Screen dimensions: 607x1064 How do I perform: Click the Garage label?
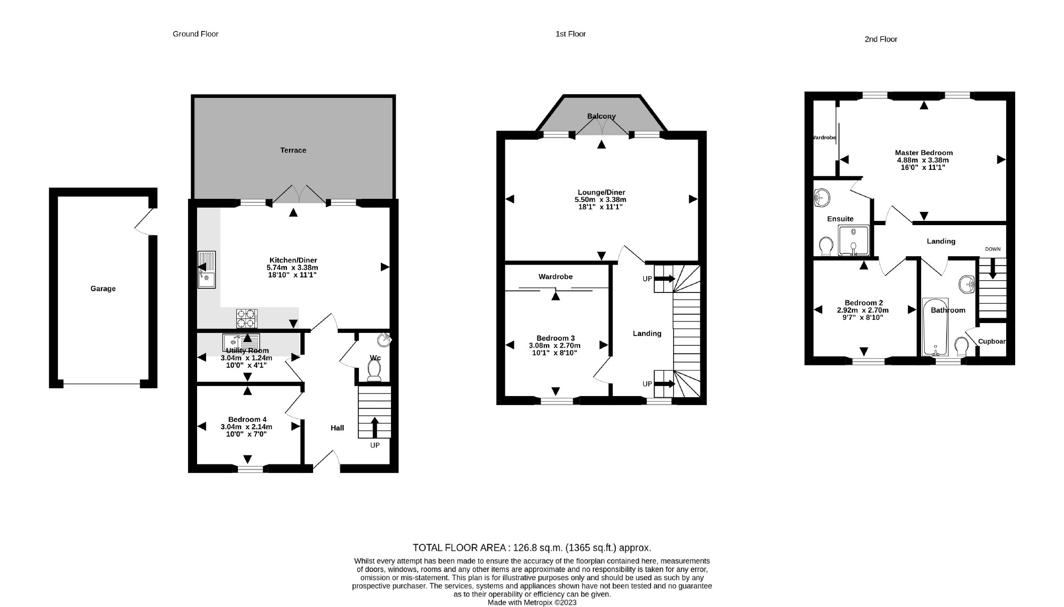(103, 288)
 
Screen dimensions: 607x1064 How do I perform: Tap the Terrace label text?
(293, 150)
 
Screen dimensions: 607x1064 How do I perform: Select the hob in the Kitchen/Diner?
(246, 318)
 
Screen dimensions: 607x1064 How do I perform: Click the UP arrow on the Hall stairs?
(375, 427)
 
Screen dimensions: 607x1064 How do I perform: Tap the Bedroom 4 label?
(247, 419)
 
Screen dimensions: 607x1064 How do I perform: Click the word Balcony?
(601, 116)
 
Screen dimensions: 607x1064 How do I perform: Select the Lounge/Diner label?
(601, 193)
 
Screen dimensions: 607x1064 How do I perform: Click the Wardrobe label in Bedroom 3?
(555, 277)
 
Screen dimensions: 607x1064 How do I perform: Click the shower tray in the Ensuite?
(853, 240)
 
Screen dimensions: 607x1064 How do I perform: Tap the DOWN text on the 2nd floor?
(993, 249)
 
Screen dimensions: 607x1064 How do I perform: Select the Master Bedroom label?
(924, 153)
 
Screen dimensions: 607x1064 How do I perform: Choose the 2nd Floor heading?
(881, 39)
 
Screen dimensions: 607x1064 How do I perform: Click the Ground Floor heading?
(195, 34)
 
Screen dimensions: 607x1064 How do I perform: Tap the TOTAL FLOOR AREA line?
(532, 548)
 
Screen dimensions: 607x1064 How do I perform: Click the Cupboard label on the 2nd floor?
(991, 341)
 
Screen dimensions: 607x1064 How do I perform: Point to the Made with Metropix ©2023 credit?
(532, 602)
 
